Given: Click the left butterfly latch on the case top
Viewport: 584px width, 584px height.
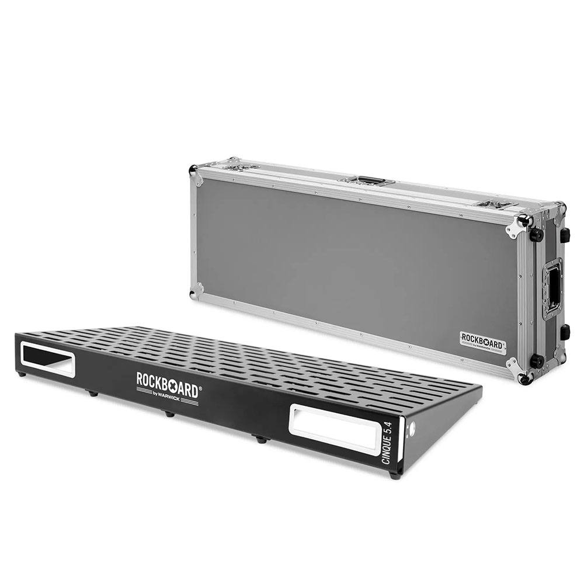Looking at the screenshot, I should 242,166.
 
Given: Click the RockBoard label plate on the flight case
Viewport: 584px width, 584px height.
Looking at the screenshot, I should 482,340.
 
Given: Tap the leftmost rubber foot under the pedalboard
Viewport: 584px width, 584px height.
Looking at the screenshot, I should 22,373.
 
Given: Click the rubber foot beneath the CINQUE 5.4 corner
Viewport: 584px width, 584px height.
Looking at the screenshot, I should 395,476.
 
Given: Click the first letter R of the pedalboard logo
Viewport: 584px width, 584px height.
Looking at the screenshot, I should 140,378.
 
